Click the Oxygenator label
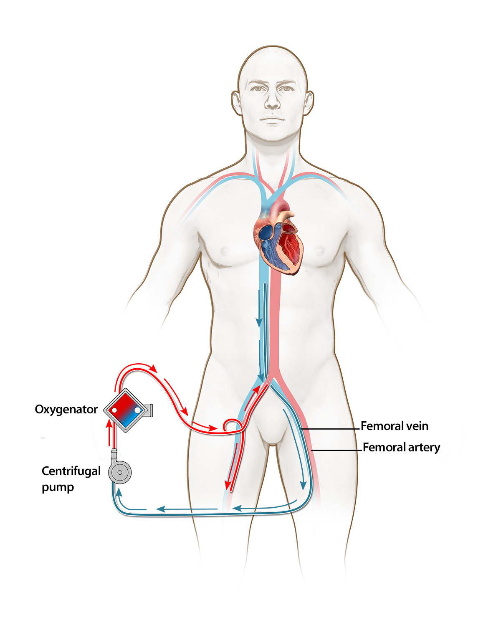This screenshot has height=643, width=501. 66,409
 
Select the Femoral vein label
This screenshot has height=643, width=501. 394,426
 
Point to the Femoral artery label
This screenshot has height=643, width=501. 401,447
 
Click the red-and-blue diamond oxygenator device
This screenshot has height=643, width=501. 126,410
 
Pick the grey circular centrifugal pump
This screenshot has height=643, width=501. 120,472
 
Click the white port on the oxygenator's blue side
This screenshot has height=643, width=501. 138,410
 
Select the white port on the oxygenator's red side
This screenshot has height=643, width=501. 114,410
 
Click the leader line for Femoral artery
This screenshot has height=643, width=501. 337,451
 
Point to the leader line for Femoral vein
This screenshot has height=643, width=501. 331,429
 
